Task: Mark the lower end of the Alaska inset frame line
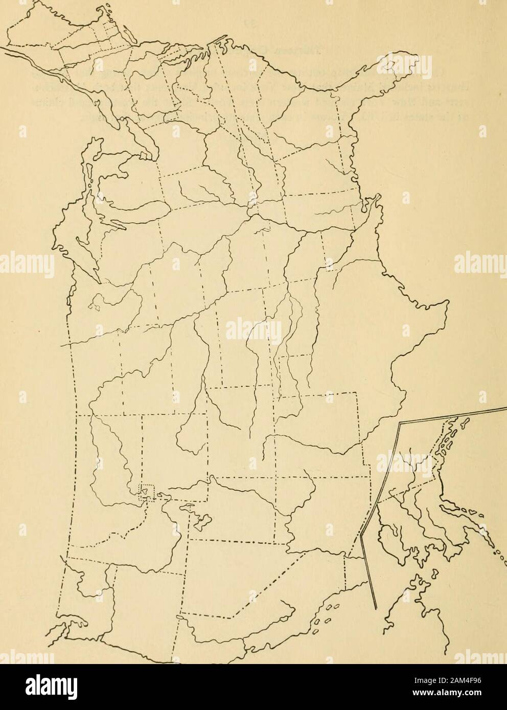click(x=377, y=608)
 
